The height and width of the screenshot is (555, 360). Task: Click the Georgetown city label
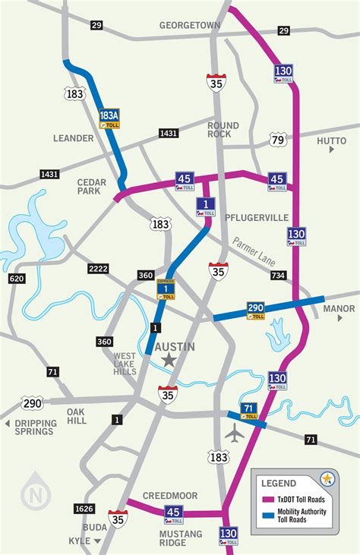(x=189, y=26)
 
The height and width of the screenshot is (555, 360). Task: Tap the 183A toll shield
(x=109, y=118)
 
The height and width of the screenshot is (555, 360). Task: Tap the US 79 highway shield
(x=278, y=139)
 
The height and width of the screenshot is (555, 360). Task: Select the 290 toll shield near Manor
(x=256, y=310)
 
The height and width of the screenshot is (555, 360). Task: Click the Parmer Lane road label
(x=254, y=249)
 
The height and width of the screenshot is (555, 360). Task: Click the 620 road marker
(x=16, y=279)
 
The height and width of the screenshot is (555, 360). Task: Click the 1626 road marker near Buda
(x=84, y=508)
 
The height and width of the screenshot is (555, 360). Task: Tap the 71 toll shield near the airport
(x=248, y=412)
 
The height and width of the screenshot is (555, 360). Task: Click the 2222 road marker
(x=99, y=269)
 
